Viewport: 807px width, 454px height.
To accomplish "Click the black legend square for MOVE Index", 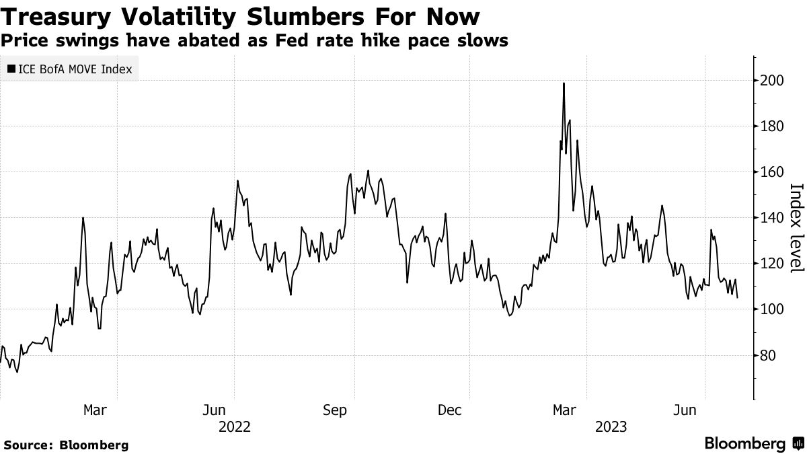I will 11,69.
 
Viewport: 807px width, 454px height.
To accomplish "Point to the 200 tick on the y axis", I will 771,81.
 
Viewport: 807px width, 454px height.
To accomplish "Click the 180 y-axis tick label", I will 771,126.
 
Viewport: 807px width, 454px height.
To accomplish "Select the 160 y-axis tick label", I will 771,172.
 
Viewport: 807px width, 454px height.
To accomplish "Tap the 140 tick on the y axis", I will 771,218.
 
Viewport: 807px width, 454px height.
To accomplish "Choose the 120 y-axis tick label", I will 771,264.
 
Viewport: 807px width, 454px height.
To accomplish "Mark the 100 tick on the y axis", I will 771,309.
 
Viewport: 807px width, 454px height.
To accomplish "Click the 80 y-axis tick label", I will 767,355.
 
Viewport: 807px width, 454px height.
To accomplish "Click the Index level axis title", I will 796,228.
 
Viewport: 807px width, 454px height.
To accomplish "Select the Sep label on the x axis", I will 334,410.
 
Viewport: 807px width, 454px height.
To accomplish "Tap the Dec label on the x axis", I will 450,410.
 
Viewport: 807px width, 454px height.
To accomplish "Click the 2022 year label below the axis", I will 234,426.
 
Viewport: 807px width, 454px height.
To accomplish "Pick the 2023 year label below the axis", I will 610,426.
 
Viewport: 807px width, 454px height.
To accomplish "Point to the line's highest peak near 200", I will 564,83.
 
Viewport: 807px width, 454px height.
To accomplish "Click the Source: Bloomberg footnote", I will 65,445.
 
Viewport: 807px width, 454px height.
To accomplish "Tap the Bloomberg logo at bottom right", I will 753,444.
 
